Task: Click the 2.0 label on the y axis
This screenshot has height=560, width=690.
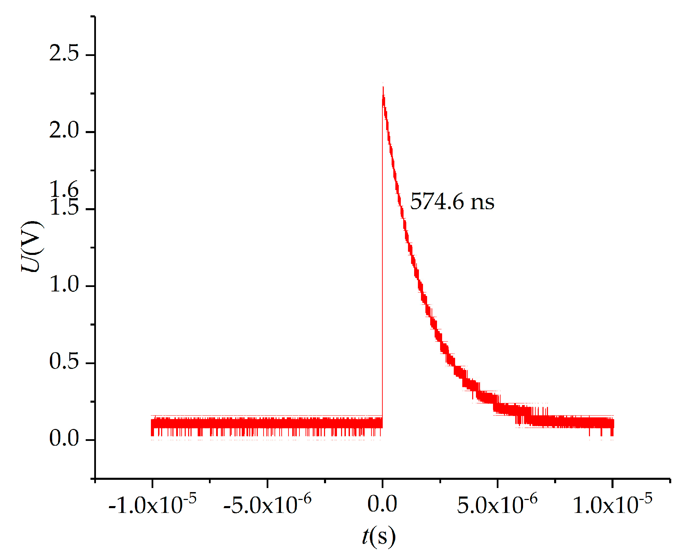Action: click(64, 130)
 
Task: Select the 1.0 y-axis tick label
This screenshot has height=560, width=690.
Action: click(64, 284)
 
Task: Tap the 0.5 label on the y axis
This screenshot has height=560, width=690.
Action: click(64, 361)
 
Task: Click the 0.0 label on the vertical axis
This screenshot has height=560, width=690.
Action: click(64, 438)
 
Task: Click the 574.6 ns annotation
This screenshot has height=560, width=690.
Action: click(452, 201)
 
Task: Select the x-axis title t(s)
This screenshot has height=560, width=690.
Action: click(378, 536)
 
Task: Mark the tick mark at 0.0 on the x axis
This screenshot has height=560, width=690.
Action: click(382, 484)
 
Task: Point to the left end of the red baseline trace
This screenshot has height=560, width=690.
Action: click(152, 424)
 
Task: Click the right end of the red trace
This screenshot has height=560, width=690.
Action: click(613, 424)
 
